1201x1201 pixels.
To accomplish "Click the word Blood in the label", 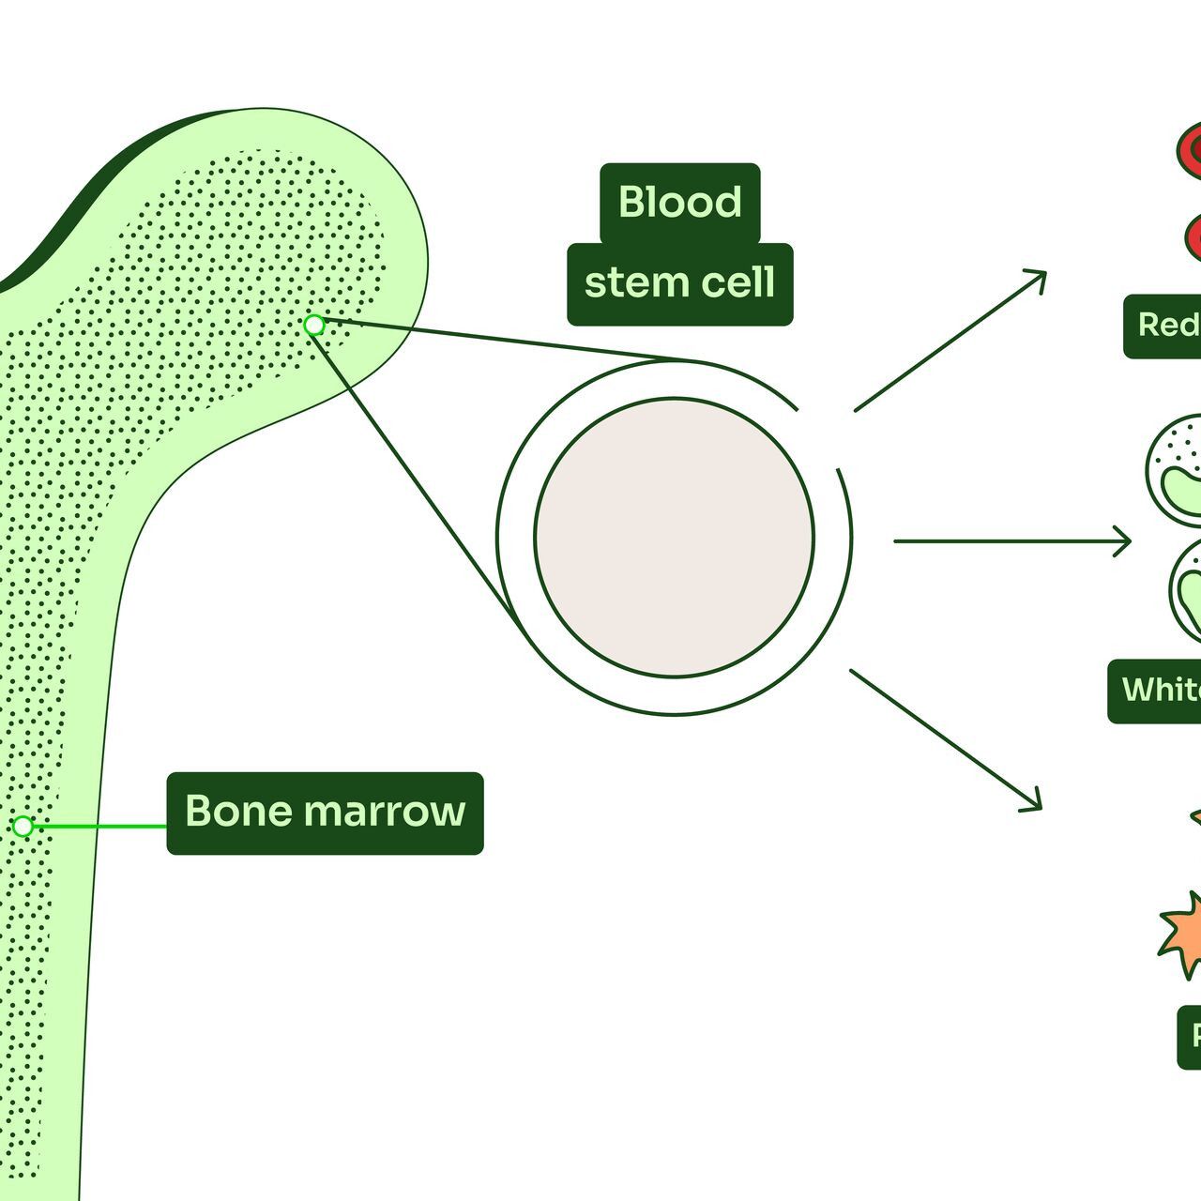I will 679,202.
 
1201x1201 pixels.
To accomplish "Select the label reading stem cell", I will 679,283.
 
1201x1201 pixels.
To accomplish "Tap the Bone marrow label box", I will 325,813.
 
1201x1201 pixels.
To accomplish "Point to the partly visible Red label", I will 1166,326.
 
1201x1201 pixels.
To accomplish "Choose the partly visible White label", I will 1160,691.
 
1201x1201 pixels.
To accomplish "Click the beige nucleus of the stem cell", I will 675,537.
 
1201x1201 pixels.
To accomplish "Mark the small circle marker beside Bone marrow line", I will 23,827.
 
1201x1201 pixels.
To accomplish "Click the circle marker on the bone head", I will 314,325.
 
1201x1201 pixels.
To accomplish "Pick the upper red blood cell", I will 1190,150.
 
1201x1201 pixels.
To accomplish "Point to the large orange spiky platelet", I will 1182,934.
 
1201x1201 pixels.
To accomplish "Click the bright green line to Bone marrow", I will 99,827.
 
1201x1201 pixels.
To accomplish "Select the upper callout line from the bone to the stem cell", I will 497,342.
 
